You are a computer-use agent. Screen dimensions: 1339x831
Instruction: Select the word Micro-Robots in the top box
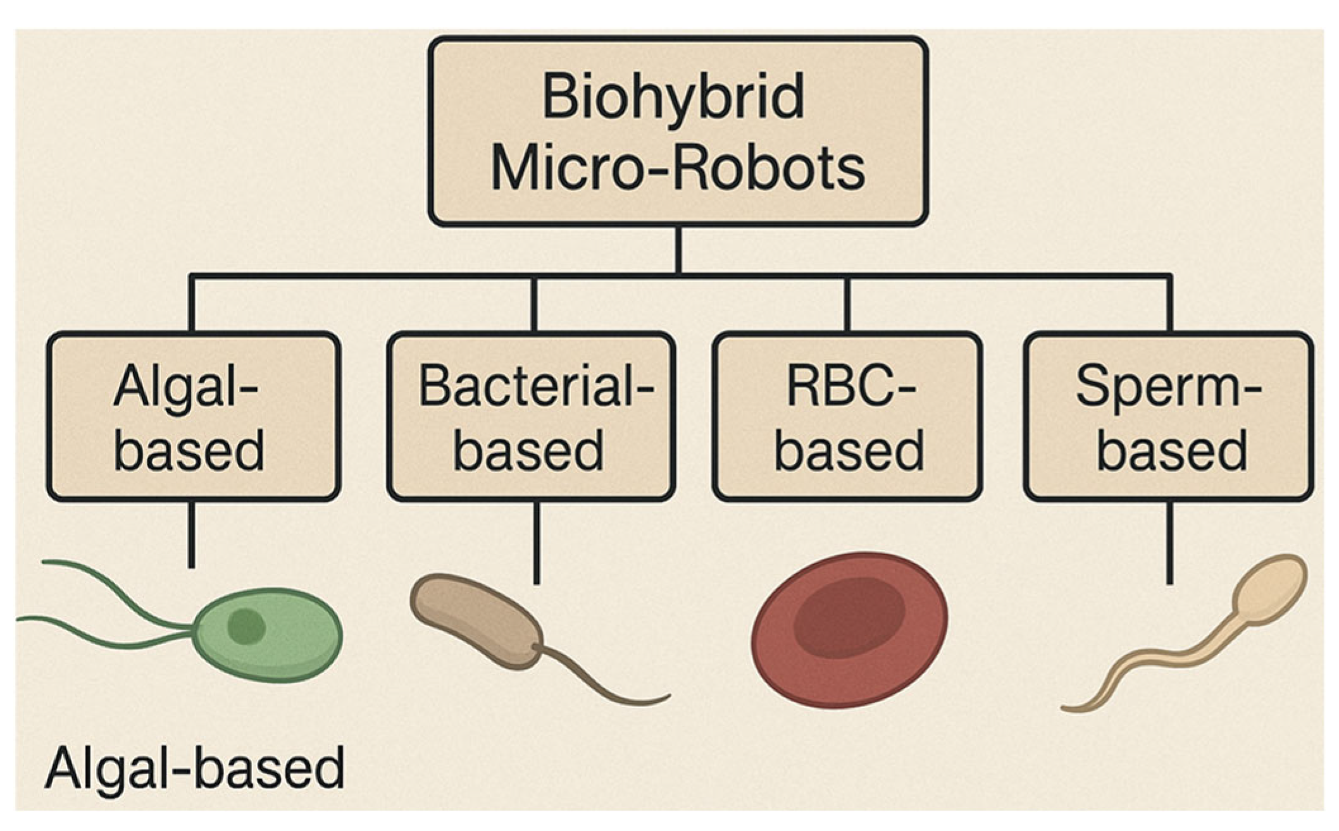click(678, 168)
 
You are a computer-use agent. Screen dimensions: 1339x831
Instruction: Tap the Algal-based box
click(194, 417)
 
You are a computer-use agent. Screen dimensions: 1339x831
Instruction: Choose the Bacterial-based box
click(531, 417)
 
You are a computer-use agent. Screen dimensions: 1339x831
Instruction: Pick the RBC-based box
click(848, 417)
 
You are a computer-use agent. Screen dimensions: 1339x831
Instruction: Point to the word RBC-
click(851, 386)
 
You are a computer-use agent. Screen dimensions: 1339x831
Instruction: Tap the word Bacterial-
click(536, 386)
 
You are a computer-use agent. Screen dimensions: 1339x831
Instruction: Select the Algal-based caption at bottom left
click(195, 767)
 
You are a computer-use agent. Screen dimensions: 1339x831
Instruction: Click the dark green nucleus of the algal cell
click(246, 627)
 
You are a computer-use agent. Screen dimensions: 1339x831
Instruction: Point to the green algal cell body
click(268, 634)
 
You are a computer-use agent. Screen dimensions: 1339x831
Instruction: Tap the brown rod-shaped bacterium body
click(476, 620)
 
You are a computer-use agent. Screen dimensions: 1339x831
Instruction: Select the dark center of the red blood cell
click(849, 617)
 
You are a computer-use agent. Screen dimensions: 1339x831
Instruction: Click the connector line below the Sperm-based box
click(1169, 543)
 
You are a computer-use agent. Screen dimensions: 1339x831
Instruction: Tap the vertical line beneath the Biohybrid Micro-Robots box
click(678, 250)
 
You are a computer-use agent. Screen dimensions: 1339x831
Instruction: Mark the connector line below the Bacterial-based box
click(537, 543)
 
